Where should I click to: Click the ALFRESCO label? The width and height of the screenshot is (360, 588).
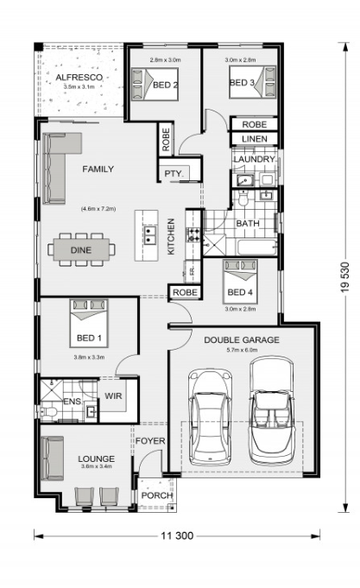(x=79, y=78)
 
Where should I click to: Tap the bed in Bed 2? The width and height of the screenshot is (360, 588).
(x=155, y=84)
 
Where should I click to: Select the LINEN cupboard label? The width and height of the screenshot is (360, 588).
(x=255, y=139)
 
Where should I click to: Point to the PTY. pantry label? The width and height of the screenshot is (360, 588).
(x=174, y=174)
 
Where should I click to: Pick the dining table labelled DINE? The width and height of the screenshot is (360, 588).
(x=81, y=250)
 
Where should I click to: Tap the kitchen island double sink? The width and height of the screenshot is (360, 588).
(x=148, y=235)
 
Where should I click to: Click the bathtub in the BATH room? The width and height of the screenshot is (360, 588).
(x=257, y=247)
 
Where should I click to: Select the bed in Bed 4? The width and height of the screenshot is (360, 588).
(x=240, y=281)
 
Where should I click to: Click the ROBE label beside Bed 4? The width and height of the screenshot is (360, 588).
(x=186, y=293)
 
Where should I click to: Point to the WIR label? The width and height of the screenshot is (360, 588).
(x=113, y=396)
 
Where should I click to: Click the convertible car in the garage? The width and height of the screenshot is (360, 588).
(x=271, y=410)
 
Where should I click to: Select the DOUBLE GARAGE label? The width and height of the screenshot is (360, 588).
(x=242, y=340)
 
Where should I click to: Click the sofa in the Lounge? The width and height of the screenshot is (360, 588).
(x=52, y=458)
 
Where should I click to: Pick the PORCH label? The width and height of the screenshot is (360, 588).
(x=157, y=496)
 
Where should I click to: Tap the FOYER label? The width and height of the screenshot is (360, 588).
(x=150, y=441)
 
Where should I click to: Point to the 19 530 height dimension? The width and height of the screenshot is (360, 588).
(x=345, y=277)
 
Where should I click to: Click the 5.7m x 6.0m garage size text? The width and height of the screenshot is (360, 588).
(x=242, y=351)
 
